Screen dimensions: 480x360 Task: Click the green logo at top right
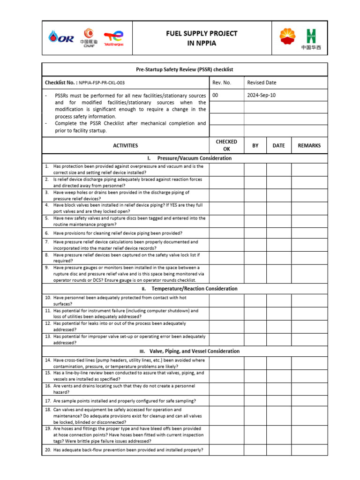pos(311,36)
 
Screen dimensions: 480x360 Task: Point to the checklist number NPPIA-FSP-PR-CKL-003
pos(101,83)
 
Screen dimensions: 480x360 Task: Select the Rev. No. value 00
pos(216,95)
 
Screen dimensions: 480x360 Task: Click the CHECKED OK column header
pos(226,145)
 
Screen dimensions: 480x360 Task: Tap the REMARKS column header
pos(309,146)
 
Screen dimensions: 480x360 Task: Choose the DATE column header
pos(278,146)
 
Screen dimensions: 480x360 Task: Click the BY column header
pos(255,146)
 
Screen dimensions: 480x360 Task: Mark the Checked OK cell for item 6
pos(226,233)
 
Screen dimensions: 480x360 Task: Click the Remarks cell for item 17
pos(309,401)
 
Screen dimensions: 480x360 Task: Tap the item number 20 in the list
pos(48,450)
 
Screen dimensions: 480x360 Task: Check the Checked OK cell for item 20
pos(226,450)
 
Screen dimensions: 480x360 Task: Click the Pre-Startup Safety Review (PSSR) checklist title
pos(185,69)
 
